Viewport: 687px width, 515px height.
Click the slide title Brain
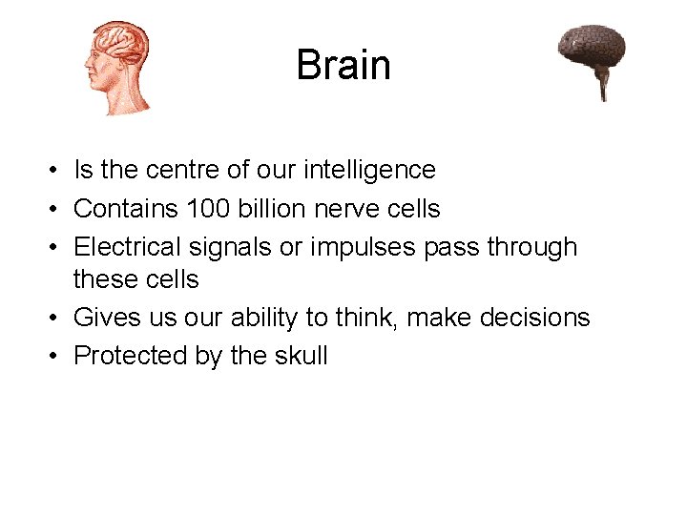(343, 65)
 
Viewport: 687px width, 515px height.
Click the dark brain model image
(592, 51)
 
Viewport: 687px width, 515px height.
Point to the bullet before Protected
(58, 356)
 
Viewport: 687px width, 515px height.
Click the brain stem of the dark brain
(603, 87)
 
